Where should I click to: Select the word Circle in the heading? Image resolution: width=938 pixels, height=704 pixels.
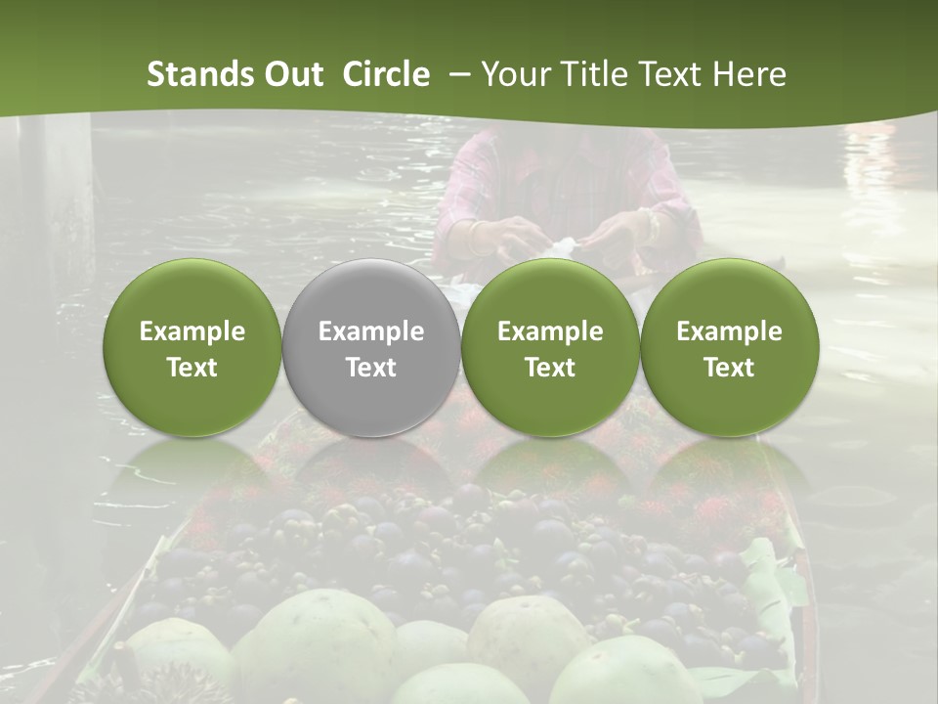386,74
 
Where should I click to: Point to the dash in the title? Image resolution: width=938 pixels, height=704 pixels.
456,75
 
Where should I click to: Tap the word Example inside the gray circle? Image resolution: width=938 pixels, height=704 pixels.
371,331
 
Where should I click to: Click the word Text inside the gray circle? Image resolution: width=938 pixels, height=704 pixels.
371,368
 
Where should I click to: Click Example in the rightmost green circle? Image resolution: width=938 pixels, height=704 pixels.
729,331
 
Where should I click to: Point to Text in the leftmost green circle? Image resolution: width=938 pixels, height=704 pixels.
192,368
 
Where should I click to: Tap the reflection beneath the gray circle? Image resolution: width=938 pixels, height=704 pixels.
371,469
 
